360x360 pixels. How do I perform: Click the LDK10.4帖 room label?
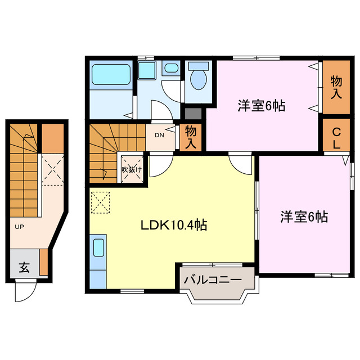pos(173,226)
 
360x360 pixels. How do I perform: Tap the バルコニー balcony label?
pos(213,280)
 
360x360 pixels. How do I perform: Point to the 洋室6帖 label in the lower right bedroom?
pos(304,216)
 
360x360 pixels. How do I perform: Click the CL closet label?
pos(336,138)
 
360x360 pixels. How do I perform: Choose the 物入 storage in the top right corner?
pos(336,88)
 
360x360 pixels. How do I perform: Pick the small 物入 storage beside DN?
pos(191,137)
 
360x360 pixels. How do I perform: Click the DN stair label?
pos(159,135)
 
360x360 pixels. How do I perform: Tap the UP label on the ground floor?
pos(20,227)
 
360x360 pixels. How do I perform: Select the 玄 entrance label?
pos(24,267)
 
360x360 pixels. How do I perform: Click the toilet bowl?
pos(198,79)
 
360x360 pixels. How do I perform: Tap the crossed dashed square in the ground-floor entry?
pos(54,169)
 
